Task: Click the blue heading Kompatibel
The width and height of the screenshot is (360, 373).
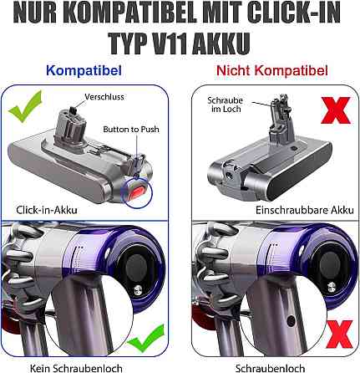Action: (84, 70)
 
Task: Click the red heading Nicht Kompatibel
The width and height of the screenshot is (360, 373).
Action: (272, 70)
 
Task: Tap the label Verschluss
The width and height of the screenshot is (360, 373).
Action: (104, 97)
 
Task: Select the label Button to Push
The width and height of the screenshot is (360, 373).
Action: (131, 130)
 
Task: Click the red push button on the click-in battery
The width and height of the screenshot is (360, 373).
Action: (137, 192)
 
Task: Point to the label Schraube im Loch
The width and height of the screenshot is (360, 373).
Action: (226, 105)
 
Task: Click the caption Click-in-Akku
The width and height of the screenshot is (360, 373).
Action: (47, 210)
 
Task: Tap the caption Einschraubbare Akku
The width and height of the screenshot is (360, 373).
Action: (305, 210)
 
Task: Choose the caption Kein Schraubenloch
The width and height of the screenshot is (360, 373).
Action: (76, 368)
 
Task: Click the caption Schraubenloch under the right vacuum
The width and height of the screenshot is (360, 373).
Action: (270, 368)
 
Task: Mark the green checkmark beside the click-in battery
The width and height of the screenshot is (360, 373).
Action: (26, 106)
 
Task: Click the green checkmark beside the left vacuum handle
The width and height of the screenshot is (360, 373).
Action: (146, 338)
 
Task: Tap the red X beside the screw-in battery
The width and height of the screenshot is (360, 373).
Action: (335, 110)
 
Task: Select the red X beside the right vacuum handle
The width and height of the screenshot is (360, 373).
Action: (339, 335)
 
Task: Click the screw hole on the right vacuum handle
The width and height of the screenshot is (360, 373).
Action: (291, 321)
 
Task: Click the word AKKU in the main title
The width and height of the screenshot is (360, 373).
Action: (221, 44)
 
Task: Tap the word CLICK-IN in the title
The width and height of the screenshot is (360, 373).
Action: (294, 13)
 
